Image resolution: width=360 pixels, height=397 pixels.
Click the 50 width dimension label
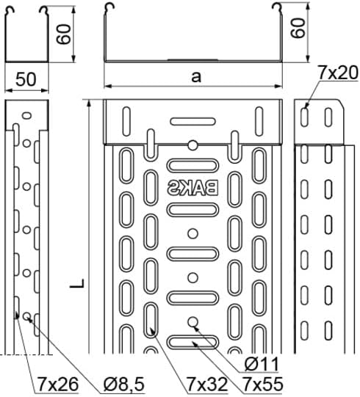click(x=26, y=79)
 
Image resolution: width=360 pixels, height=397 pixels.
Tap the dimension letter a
click(x=196, y=76)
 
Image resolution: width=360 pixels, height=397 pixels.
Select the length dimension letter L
click(x=77, y=283)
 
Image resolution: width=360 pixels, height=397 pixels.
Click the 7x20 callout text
click(x=338, y=73)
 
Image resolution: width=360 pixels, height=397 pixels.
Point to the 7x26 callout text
click(x=58, y=384)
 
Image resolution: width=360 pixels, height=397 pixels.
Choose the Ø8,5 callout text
click(x=124, y=384)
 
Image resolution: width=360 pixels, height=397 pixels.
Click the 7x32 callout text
click(x=207, y=384)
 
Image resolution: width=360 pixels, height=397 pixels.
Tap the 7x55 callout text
click(x=262, y=384)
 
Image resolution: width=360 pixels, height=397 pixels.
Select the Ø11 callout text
click(x=262, y=364)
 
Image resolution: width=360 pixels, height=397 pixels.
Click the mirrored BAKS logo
click(x=192, y=188)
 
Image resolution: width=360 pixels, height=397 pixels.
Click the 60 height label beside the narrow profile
click(x=63, y=34)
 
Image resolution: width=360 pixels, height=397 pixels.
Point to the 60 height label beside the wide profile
click(x=298, y=28)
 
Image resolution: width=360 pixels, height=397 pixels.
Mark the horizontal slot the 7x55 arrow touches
click(x=192, y=342)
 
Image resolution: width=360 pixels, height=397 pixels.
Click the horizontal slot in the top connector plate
click(x=192, y=122)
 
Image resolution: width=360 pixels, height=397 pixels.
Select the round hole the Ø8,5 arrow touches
click(x=26, y=316)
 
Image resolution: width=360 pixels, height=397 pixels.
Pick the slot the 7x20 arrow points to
click(x=304, y=117)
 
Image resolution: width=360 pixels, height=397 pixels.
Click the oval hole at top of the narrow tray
click(x=26, y=116)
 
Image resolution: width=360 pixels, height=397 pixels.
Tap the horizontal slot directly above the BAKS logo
click(x=192, y=166)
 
